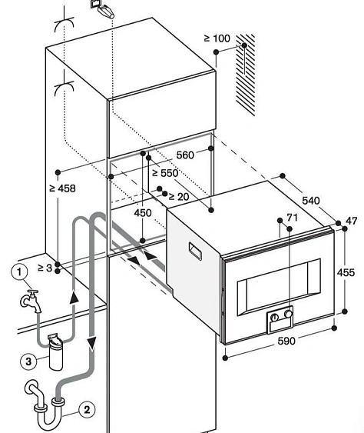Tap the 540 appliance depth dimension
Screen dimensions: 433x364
311,200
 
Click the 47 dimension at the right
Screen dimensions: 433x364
351,221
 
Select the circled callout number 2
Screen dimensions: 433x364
88,410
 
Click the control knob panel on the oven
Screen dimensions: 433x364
280,316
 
